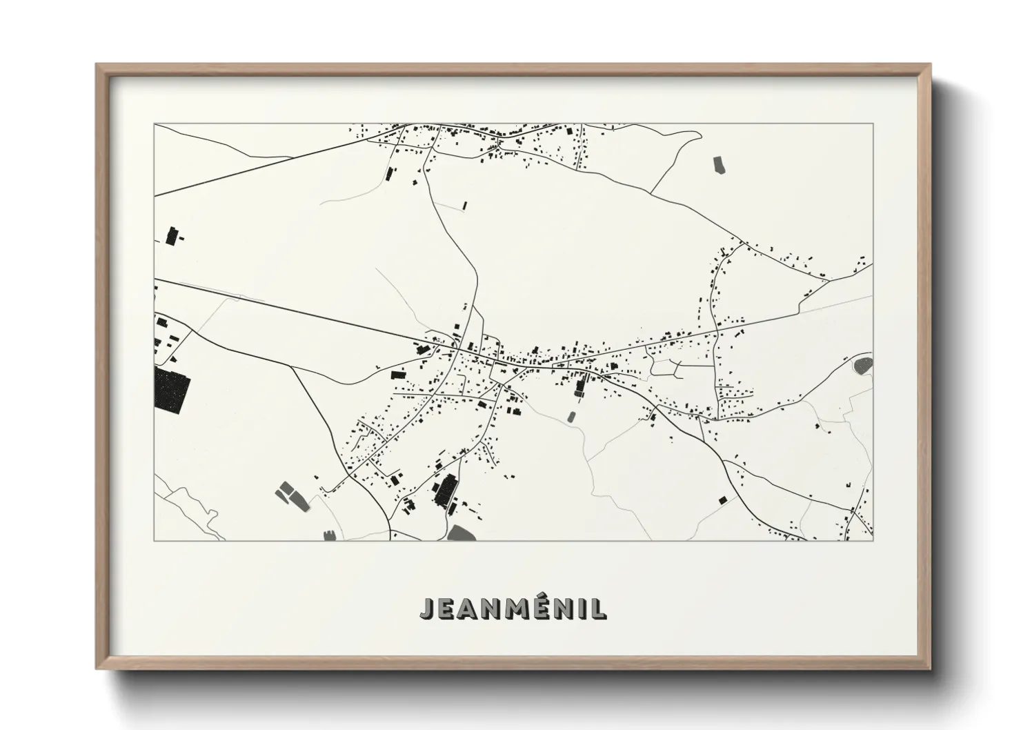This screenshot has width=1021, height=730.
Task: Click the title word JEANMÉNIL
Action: pos(513,609)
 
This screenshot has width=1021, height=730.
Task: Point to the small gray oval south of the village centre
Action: pos(571,416)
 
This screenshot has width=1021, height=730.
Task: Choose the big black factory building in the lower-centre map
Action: pos(444,490)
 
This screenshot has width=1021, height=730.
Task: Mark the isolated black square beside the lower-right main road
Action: pos(722,500)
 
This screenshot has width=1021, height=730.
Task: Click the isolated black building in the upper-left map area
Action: pos(172,235)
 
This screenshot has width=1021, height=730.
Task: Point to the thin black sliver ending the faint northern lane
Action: pos(465,205)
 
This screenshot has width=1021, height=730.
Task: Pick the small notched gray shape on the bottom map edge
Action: pos(330,534)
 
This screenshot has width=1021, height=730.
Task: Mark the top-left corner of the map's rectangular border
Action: pos(155,124)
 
